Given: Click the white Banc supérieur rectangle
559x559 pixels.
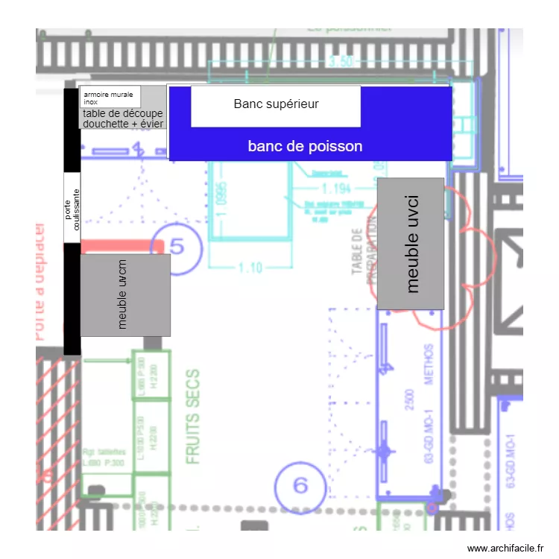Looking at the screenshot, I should pyautogui.click(x=276, y=105).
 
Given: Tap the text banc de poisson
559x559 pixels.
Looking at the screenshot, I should pyautogui.click(x=305, y=146).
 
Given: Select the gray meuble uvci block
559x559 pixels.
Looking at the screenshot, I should pyautogui.click(x=411, y=243).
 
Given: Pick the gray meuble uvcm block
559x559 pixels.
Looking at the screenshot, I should pyautogui.click(x=125, y=295).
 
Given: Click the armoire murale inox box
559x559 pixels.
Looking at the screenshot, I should pyautogui.click(x=110, y=97).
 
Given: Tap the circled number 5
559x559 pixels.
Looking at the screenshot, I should pyautogui.click(x=176, y=246).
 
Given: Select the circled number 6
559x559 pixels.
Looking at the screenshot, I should pyautogui.click(x=300, y=486).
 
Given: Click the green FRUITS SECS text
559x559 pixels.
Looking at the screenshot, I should pyautogui.click(x=193, y=417).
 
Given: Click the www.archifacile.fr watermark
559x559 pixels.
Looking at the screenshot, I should pyautogui.click(x=506, y=549).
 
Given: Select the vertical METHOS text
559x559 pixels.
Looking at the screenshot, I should pyautogui.click(x=429, y=363).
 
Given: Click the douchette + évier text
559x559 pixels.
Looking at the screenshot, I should pyautogui.click(x=123, y=124).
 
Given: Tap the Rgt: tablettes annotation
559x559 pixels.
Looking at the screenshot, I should pyautogui.click(x=104, y=452).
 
